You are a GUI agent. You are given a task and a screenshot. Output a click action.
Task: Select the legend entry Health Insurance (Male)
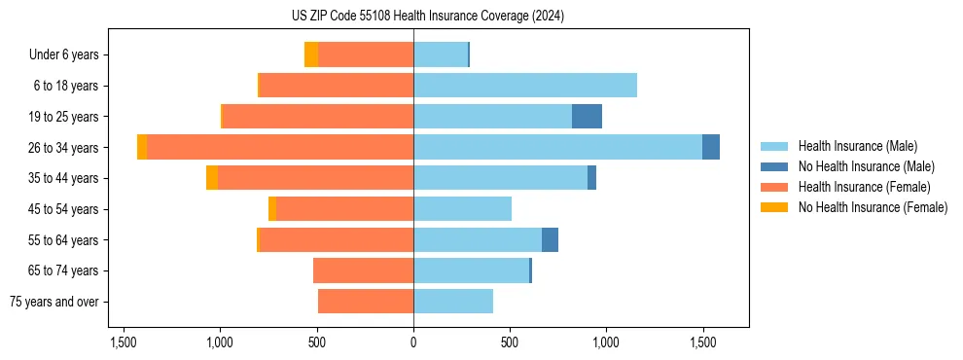click(x=857, y=146)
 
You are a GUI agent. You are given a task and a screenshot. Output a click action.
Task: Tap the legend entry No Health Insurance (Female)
click(x=873, y=207)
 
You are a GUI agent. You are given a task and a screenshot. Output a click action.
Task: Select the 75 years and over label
click(x=54, y=302)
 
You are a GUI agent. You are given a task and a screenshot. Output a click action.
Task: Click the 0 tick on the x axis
click(x=413, y=342)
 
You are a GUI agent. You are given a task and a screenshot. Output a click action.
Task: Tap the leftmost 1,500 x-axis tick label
click(x=124, y=342)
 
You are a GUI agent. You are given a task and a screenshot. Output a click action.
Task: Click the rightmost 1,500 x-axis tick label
click(x=703, y=342)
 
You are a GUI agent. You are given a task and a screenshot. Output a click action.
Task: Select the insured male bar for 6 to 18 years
click(x=525, y=86)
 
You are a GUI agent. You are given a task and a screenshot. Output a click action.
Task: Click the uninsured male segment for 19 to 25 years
click(x=587, y=117)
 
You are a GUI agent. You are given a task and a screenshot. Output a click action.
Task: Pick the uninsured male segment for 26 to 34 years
click(x=711, y=147)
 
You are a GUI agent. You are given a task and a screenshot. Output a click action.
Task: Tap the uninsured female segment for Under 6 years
click(x=311, y=54)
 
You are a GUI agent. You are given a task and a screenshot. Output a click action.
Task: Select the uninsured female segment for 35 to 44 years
click(x=212, y=178)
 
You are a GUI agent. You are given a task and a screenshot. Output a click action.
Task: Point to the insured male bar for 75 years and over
click(x=453, y=302)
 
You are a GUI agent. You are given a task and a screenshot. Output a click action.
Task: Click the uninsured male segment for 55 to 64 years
click(x=550, y=240)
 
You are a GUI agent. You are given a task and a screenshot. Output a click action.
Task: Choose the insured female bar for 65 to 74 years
click(x=363, y=270)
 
